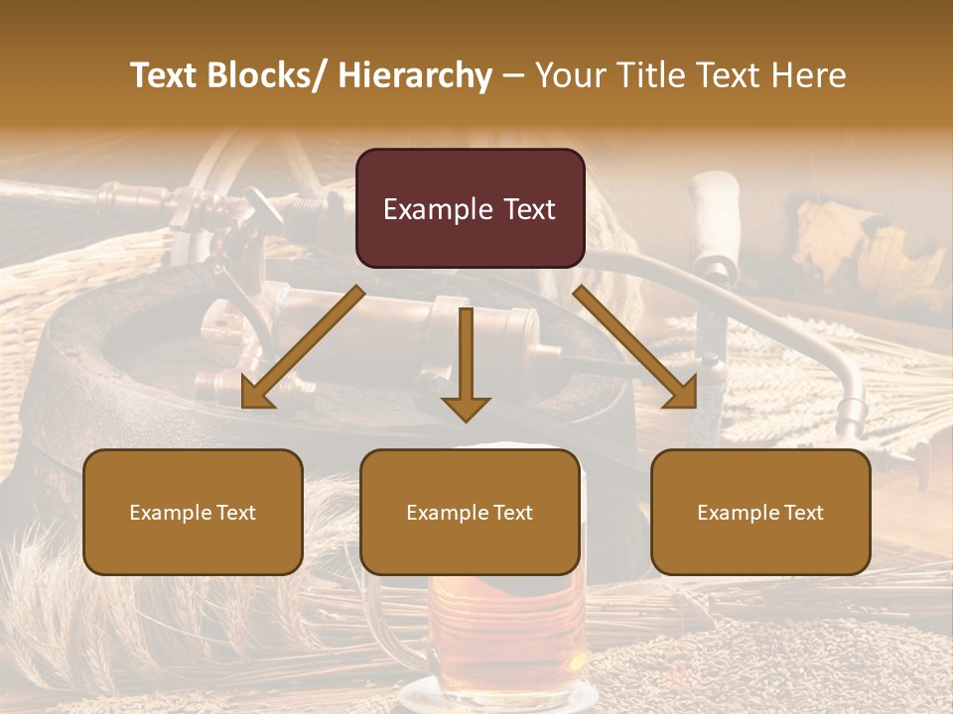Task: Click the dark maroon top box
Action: coord(470,208)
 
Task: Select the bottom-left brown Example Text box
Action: coord(193,512)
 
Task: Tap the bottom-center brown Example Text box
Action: coord(470,512)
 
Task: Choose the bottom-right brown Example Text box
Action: coord(760,512)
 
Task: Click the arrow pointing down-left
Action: coord(303,347)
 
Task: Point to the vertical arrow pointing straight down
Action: coord(466,362)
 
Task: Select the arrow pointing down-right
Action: coord(635,347)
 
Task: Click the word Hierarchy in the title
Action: coord(415,75)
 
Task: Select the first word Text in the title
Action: coord(168,75)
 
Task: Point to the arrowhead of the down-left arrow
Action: coord(257,393)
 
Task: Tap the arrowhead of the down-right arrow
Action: coord(681,393)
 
